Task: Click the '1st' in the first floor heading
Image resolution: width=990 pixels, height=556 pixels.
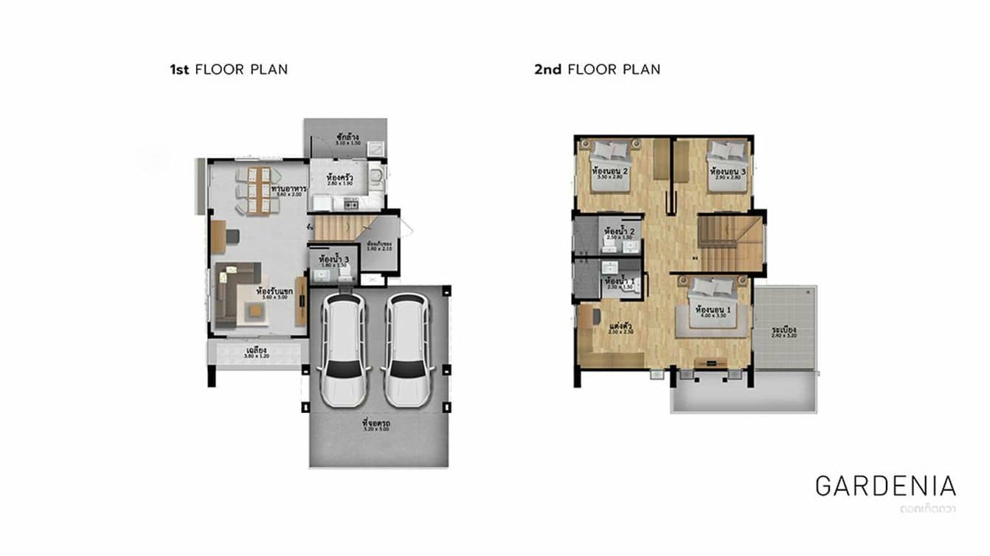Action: [x=180, y=70]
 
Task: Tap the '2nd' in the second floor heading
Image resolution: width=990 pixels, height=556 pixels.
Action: [x=547, y=70]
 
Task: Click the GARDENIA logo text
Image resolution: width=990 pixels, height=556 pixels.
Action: [x=885, y=486]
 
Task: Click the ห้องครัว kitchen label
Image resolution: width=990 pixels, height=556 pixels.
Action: [x=339, y=179]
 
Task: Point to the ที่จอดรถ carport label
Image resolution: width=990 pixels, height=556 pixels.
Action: [x=376, y=424]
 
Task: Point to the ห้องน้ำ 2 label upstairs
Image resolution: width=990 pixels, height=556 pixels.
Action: [x=619, y=230]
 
